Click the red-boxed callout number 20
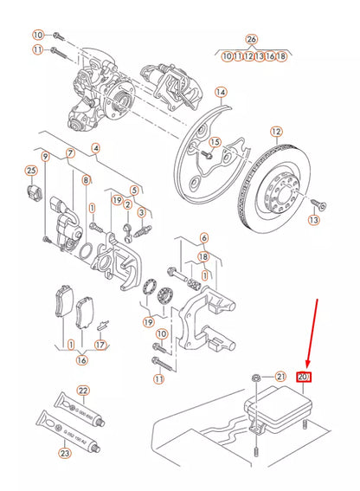coord(305,377)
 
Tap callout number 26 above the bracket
coord(252,39)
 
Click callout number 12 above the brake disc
coord(276,132)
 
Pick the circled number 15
coord(215,142)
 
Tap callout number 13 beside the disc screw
coord(313,221)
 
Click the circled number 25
coord(31,169)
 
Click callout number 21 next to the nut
coord(280,376)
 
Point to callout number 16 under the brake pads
coord(81,359)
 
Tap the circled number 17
coord(101,345)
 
